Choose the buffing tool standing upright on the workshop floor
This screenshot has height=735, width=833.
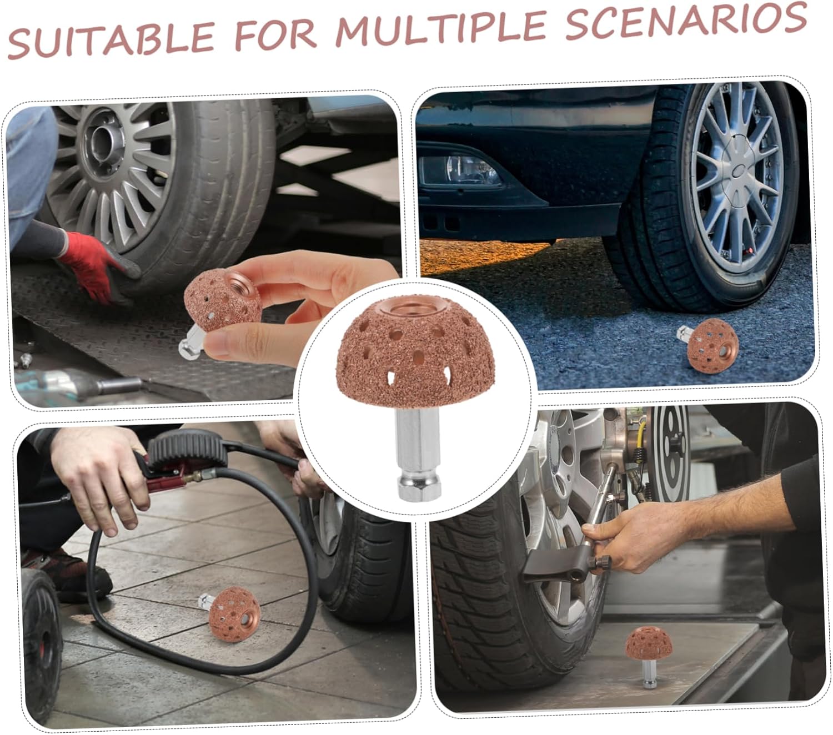tap(647, 655)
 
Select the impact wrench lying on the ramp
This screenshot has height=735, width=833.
tap(72, 383)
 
